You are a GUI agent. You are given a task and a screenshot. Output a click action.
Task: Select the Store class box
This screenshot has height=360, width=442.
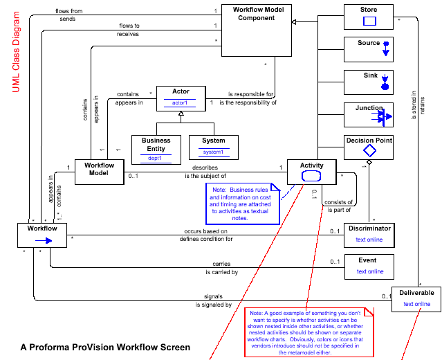pos(369,17)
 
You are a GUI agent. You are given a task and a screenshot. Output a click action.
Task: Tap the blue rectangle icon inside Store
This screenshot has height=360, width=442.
pos(369,21)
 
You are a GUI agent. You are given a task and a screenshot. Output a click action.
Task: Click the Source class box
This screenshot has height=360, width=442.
pos(369,49)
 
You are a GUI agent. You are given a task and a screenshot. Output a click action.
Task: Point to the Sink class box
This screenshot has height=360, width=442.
pos(369,82)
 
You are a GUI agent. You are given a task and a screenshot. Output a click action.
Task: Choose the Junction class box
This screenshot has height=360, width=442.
pos(369,114)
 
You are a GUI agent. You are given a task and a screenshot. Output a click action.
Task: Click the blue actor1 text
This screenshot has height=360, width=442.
pos(180,102)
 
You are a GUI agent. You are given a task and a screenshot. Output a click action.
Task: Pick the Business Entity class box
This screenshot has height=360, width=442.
pos(156,148)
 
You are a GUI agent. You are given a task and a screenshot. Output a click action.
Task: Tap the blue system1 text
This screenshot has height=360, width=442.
pos(213,152)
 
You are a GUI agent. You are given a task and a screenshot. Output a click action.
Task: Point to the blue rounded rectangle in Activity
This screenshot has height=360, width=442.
pos(311,176)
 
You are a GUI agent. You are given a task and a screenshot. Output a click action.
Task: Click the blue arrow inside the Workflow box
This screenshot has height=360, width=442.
pos(44,240)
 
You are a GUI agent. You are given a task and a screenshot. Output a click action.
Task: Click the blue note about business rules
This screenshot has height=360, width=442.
pos(242,203)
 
